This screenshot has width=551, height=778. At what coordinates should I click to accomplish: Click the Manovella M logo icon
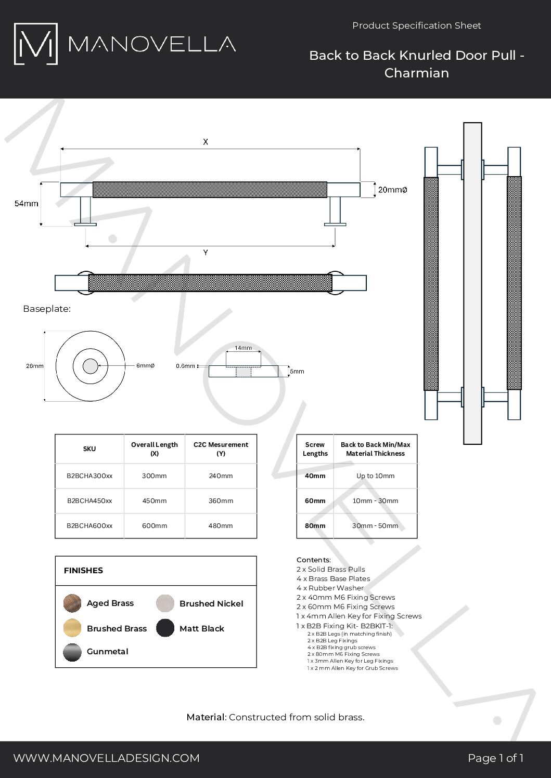35,44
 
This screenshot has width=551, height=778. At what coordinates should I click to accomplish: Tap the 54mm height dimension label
26,204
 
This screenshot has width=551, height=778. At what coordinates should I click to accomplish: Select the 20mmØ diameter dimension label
392,190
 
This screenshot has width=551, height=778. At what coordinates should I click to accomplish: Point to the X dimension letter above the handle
206,141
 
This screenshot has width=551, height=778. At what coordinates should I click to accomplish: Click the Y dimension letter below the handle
206,253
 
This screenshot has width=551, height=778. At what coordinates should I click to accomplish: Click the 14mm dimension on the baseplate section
243,348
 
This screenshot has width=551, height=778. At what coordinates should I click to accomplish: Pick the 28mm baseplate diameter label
35,366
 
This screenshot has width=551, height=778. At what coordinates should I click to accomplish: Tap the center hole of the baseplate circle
91,366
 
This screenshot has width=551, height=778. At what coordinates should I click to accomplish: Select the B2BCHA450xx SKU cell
89,501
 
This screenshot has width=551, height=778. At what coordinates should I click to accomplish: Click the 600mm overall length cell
155,526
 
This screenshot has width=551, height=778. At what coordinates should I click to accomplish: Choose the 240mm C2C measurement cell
221,476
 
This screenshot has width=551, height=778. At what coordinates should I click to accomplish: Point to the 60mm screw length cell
315,501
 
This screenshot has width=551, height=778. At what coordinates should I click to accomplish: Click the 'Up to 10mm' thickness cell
375,476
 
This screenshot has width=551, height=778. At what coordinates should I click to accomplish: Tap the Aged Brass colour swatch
72,603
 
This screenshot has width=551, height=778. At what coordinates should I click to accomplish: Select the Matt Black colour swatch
165,628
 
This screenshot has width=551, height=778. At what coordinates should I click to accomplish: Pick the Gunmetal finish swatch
72,652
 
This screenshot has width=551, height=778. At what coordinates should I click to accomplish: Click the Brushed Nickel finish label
211,603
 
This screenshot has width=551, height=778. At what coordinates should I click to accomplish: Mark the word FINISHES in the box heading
83,571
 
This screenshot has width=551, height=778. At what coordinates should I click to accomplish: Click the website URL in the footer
106,758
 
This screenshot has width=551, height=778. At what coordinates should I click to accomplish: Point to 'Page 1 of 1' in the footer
495,758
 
